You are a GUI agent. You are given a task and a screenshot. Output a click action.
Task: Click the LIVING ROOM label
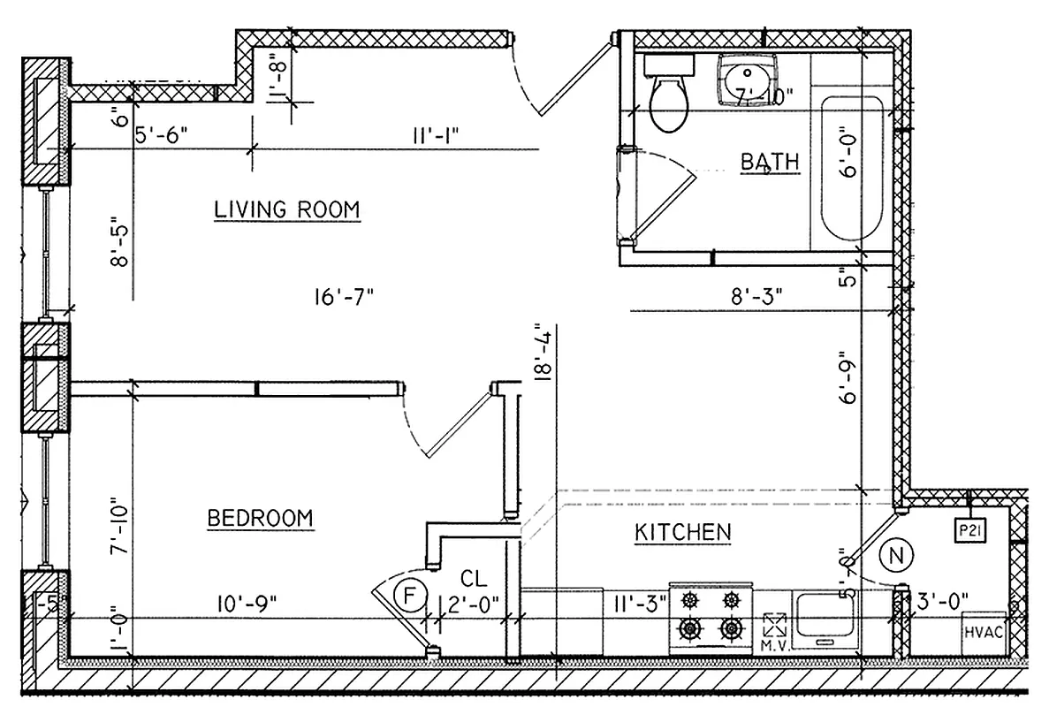tap(287, 209)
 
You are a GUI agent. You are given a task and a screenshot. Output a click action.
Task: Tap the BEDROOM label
tap(260, 518)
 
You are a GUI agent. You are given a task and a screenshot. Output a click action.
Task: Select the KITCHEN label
tap(682, 532)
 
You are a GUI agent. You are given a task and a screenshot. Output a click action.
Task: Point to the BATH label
tap(769, 162)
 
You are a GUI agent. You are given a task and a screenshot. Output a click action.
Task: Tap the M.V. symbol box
tap(774, 627)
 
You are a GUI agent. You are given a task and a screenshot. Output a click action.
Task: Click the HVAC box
tap(982, 631)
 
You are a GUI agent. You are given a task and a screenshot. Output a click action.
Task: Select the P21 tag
tap(971, 530)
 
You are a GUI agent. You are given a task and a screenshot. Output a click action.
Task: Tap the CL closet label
tap(474, 580)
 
